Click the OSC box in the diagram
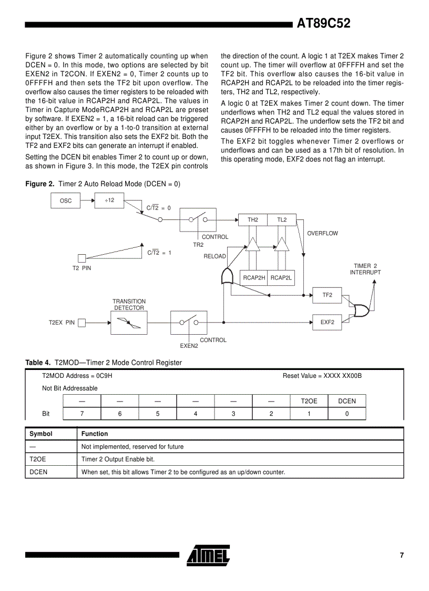click(66, 201)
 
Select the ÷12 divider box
click(109, 200)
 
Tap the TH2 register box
click(253, 219)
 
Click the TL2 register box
click(282, 219)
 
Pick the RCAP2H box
click(253, 277)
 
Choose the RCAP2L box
click(281, 277)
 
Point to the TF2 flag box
click(327, 295)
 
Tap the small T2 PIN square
click(81, 258)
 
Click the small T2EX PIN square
click(81, 323)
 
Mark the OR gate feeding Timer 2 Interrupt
click(362, 310)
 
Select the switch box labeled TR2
click(198, 219)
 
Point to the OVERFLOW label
click(322, 233)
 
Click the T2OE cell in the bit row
click(309, 401)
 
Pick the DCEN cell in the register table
click(346, 401)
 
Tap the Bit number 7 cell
click(81, 414)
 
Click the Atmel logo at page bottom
click(208, 555)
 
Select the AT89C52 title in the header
click(323, 24)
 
